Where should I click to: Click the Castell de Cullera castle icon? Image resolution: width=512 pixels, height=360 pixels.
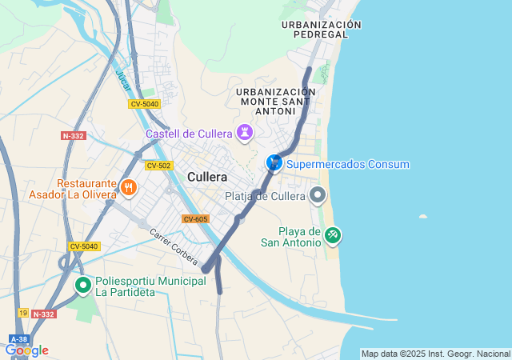tap(244, 132)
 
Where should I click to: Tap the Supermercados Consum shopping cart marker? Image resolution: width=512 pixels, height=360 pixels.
tap(274, 163)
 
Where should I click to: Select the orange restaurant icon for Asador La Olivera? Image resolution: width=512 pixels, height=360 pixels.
tap(129, 188)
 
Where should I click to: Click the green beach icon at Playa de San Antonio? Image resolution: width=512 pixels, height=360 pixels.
tap(333, 235)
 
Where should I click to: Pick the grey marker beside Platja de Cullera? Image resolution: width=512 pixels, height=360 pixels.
tap(318, 194)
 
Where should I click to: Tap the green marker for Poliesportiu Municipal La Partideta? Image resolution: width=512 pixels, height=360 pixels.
tap(82, 285)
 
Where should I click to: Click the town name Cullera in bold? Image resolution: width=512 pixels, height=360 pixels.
tap(207, 177)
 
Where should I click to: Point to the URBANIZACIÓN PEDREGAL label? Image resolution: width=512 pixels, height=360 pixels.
tap(322, 30)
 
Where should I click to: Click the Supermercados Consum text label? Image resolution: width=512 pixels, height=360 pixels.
tap(348, 165)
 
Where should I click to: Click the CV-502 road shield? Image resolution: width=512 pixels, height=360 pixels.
tap(158, 166)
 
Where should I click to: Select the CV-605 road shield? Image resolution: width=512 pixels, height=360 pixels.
tap(195, 219)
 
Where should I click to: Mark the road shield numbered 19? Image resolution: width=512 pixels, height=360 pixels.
tap(22, 314)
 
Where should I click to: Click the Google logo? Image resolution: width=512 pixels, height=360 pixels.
tap(26, 350)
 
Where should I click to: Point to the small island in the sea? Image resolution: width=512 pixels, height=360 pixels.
tap(423, 216)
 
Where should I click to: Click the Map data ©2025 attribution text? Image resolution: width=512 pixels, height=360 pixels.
tap(435, 354)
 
